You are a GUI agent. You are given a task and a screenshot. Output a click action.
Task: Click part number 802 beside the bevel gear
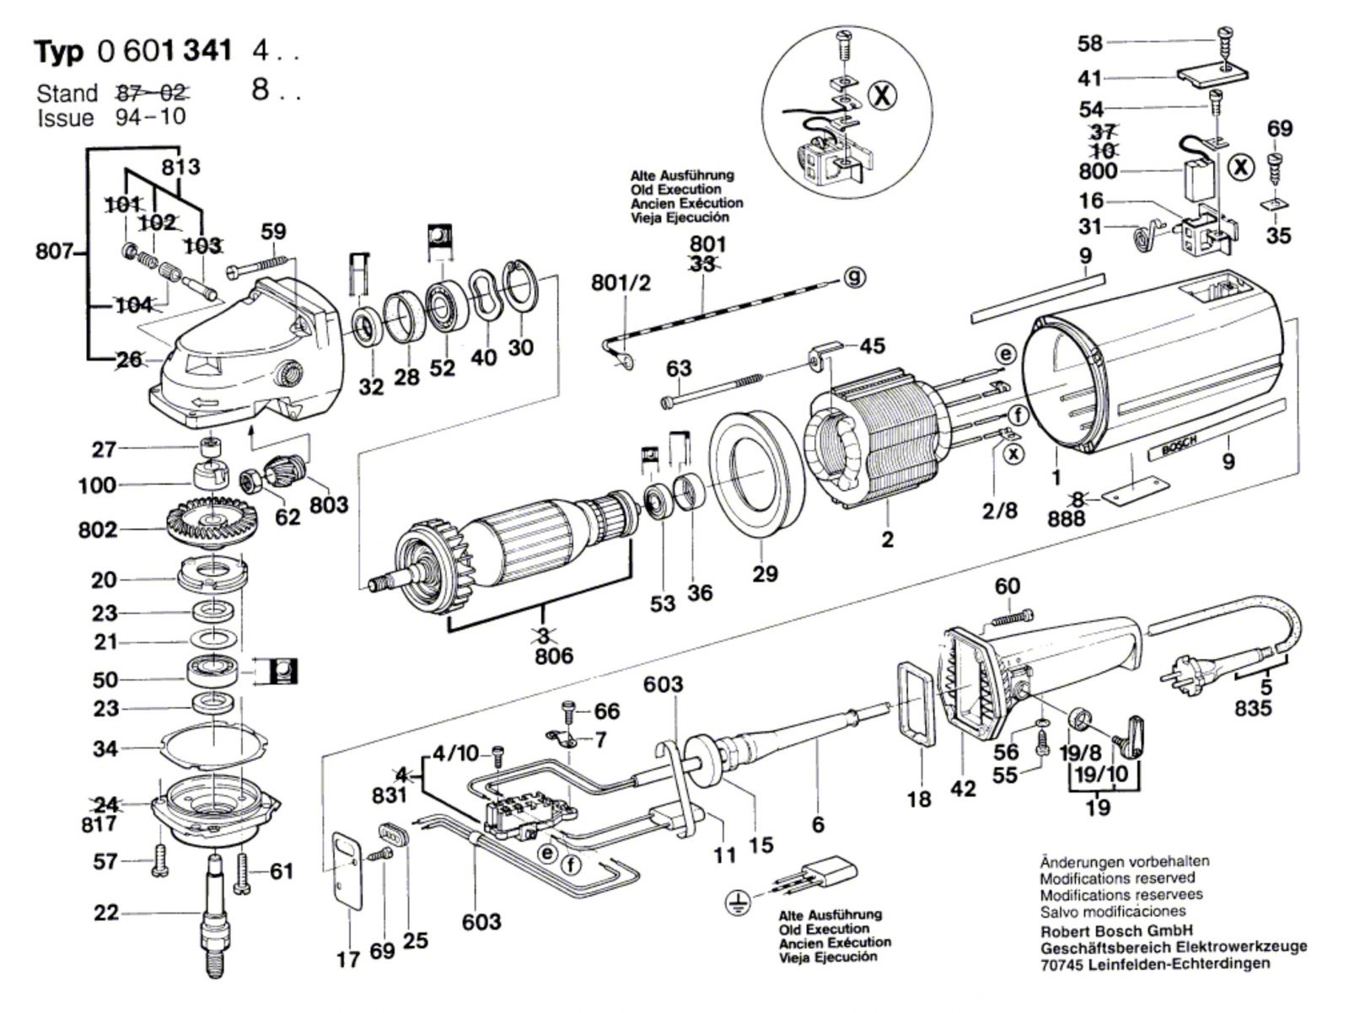coord(98,530)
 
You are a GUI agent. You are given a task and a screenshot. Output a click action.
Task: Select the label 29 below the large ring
coord(766,574)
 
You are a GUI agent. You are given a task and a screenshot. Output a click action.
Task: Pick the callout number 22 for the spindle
coord(106,913)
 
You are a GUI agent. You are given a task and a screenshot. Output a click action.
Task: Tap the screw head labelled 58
coord(1226,35)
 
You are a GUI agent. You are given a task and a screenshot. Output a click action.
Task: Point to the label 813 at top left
coord(180,166)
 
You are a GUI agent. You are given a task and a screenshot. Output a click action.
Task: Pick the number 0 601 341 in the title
coord(164,52)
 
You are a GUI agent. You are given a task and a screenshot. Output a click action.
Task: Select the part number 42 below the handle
coord(963,789)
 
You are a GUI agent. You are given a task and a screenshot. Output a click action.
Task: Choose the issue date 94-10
coord(149,116)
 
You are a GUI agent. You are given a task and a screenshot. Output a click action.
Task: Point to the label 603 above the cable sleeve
coord(663,685)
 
